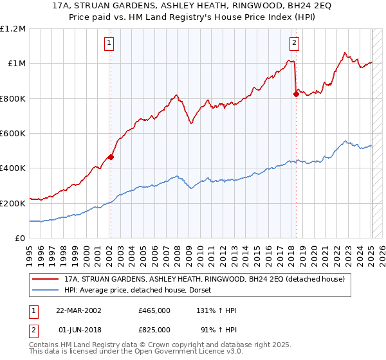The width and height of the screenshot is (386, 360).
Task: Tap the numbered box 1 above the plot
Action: click(x=109, y=44)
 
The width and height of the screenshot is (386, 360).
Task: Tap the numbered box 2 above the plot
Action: click(x=294, y=44)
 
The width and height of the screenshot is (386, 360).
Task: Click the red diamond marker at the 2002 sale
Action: click(x=111, y=156)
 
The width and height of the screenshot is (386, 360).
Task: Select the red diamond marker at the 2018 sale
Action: click(x=296, y=94)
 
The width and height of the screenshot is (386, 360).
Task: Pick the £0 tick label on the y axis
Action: click(x=19, y=238)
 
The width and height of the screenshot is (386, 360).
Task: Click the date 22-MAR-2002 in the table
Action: click(x=78, y=310)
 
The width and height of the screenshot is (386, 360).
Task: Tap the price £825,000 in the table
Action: click(x=154, y=329)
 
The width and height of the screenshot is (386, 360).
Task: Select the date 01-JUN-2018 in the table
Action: click(x=78, y=329)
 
